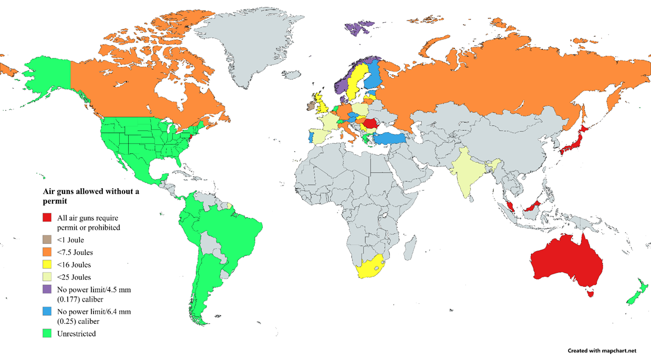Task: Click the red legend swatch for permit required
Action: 47,218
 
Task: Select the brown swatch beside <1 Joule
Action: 47,240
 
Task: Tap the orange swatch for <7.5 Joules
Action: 47,252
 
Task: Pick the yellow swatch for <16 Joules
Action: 47,264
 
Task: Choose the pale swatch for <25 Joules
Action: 47,277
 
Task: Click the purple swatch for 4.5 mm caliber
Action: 47,289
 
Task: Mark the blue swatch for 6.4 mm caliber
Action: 47,311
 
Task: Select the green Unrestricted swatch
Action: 47,333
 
